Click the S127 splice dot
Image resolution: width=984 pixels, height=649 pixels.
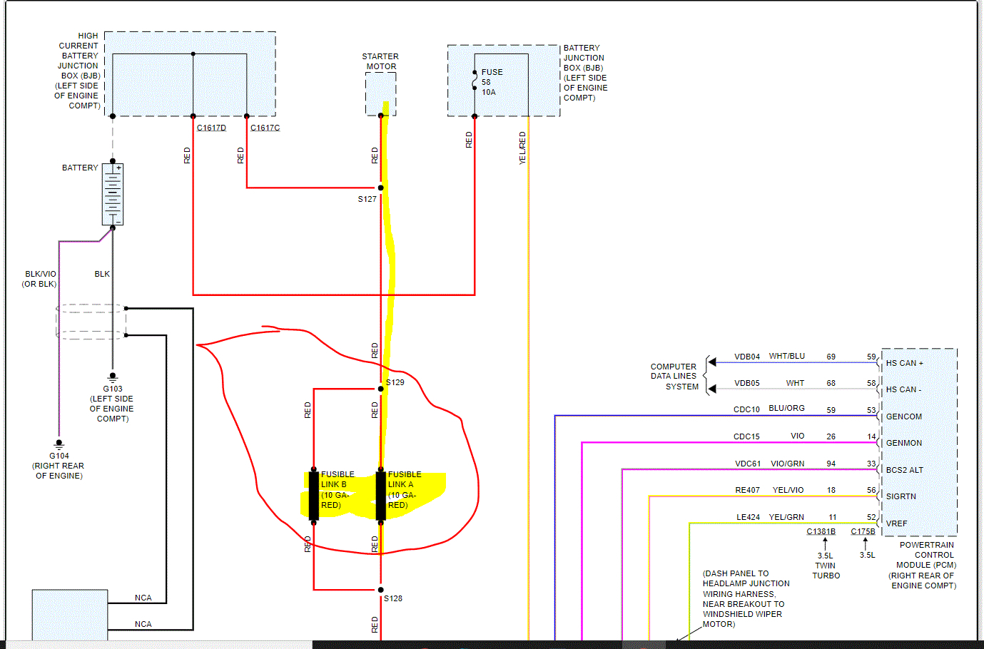[381, 188]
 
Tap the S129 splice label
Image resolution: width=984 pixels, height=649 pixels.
[395, 382]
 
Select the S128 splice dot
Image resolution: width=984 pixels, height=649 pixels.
[381, 590]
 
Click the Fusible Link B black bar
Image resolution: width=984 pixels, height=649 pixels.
[314, 495]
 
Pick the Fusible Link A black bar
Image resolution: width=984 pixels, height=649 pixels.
[381, 495]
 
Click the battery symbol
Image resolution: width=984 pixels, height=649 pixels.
[113, 194]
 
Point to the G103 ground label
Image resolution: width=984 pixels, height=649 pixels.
[113, 389]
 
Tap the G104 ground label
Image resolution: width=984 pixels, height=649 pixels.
[59, 456]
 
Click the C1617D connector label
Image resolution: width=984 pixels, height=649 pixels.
[211, 128]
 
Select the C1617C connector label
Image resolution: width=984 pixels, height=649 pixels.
[265, 128]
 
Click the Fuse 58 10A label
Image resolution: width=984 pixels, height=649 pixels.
[491, 82]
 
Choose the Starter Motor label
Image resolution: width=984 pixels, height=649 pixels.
[380, 61]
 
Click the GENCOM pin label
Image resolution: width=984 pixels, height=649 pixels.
[903, 417]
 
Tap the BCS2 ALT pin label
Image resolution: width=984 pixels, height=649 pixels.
[904, 470]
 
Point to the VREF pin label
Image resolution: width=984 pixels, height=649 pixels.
[896, 523]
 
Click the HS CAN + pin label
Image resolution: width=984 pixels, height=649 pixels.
[904, 363]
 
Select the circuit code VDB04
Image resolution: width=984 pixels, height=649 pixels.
[747, 357]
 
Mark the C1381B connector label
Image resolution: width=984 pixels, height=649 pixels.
[821, 531]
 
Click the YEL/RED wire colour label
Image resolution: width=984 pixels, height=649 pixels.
[522, 148]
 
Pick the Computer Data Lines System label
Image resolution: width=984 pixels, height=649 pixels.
[674, 377]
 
